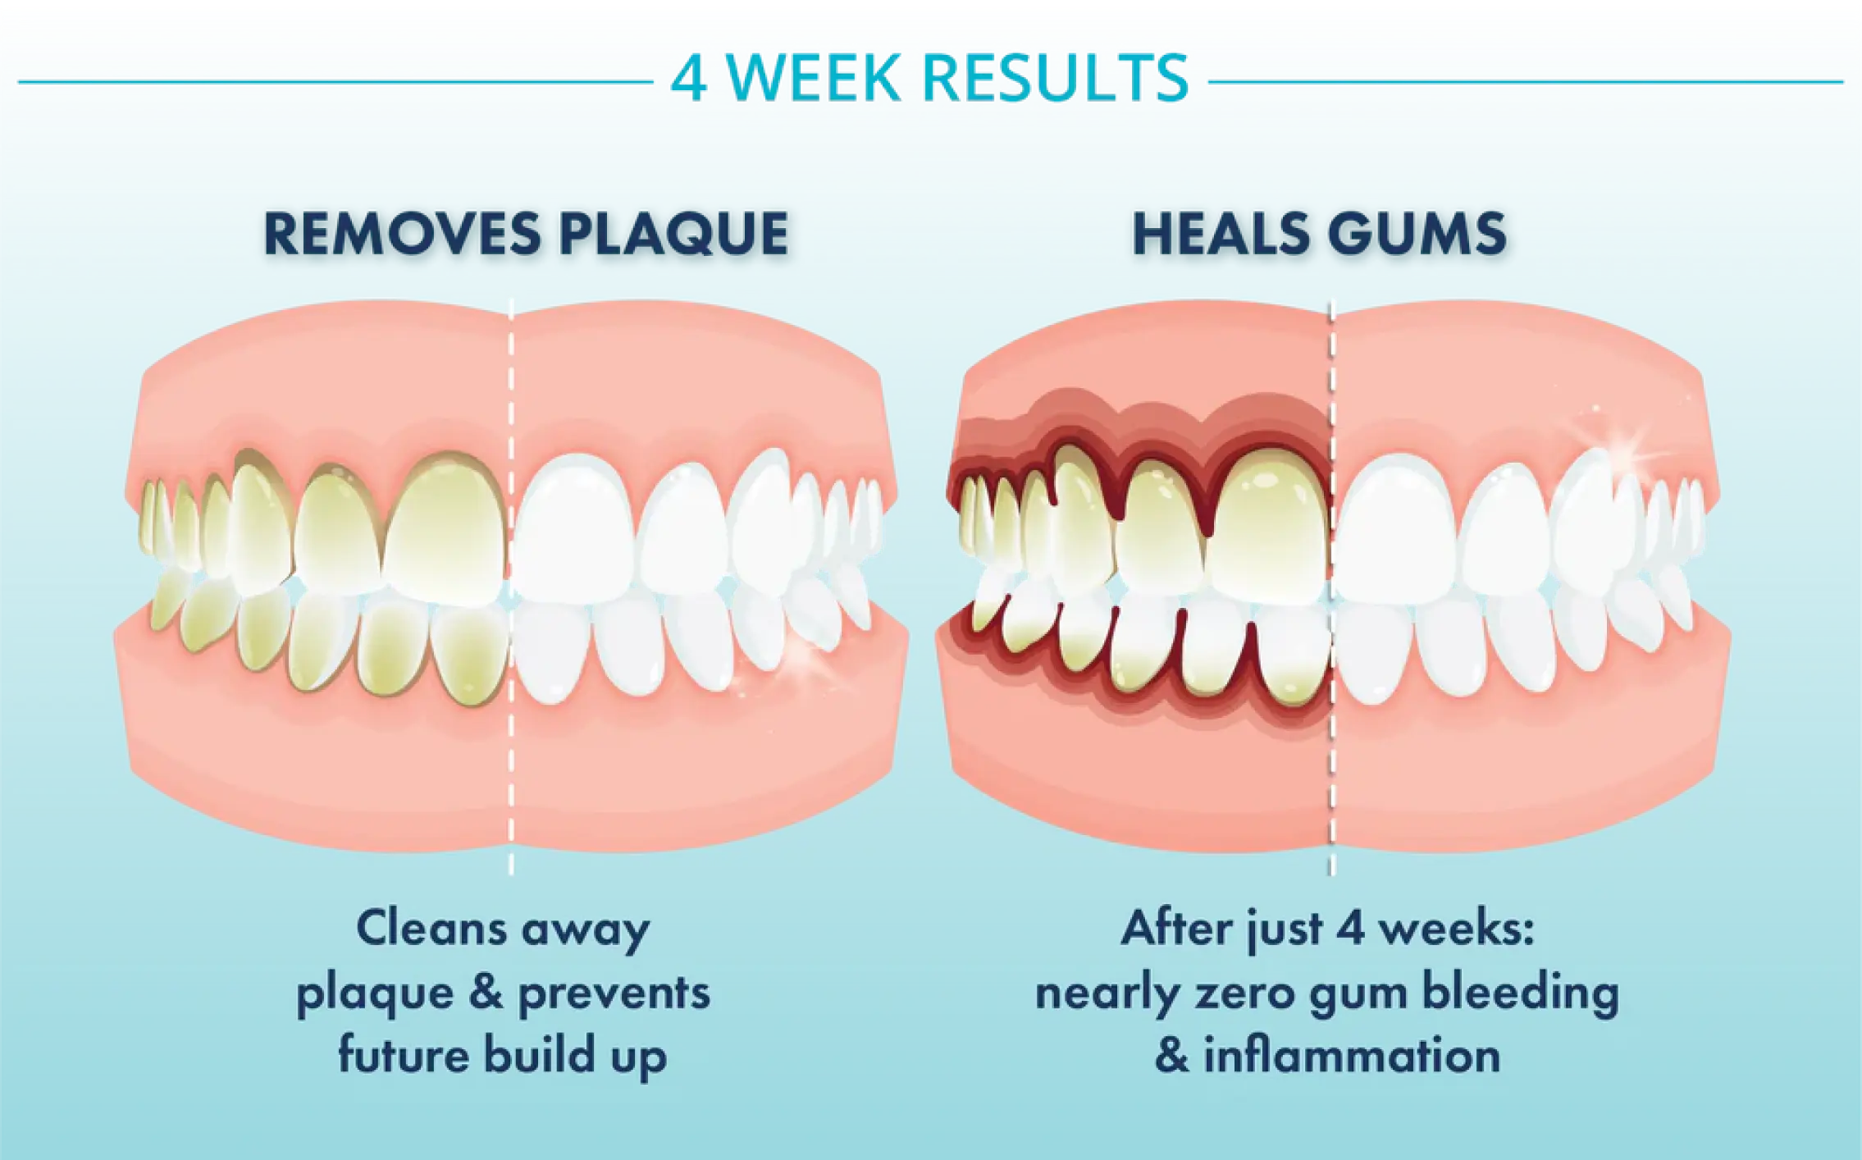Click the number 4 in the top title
688,79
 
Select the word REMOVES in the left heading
402,234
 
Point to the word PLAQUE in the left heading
673,235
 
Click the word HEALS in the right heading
1221,234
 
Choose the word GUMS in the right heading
1417,234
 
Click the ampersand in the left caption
486,992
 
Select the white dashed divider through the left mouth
511,587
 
